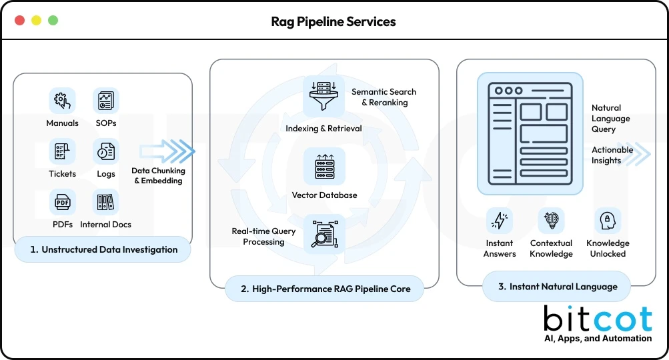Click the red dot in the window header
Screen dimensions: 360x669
[x=19, y=20]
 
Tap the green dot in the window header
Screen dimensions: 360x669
[x=53, y=20]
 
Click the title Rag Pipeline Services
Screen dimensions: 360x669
[x=333, y=21]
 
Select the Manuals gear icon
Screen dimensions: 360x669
[x=62, y=101]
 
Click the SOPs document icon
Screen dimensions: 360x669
[x=105, y=101]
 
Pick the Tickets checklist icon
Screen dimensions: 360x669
[x=62, y=151]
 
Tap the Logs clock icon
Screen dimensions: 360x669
[x=105, y=151]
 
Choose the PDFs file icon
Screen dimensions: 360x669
[x=62, y=202]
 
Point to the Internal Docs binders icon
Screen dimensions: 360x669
[x=105, y=202]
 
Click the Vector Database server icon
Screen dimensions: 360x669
[x=324, y=166]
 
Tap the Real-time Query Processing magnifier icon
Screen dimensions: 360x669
[x=324, y=233]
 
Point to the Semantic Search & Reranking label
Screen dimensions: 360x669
[x=384, y=97]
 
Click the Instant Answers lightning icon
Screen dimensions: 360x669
[x=500, y=221]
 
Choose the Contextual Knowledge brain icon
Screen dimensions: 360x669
[x=551, y=221]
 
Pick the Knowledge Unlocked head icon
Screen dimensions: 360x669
[x=608, y=221]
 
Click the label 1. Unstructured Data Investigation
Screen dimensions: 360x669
[x=104, y=250]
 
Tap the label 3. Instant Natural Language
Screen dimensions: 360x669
[x=556, y=287]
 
